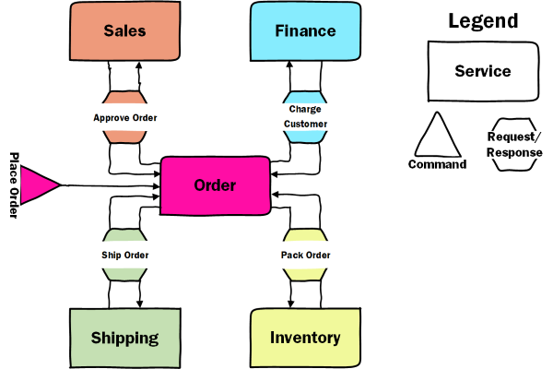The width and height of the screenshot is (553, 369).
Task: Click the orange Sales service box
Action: pos(124,31)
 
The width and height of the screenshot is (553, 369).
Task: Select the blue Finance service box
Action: pos(305,31)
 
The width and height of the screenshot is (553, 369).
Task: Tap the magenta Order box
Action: pos(216,185)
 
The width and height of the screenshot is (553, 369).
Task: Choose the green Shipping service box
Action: pos(124,338)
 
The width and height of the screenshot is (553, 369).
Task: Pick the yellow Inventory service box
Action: pos(305,338)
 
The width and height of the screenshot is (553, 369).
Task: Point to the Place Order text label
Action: pos(14,185)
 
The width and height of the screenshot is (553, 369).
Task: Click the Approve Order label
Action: pos(124,117)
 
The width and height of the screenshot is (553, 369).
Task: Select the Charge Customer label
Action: pos(305,116)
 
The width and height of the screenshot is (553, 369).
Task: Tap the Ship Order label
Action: pos(124,255)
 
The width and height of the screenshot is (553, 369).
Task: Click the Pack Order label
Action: pos(305,255)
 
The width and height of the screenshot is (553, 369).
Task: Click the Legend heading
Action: pos(482,21)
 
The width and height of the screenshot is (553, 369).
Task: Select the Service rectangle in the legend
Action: pos(482,70)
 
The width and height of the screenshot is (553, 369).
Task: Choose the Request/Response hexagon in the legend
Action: pos(513,145)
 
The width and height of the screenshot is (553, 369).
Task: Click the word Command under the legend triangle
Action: pos(437,165)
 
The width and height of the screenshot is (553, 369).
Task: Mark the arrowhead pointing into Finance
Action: pos(289,65)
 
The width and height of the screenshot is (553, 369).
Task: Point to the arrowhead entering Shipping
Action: pos(139,304)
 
